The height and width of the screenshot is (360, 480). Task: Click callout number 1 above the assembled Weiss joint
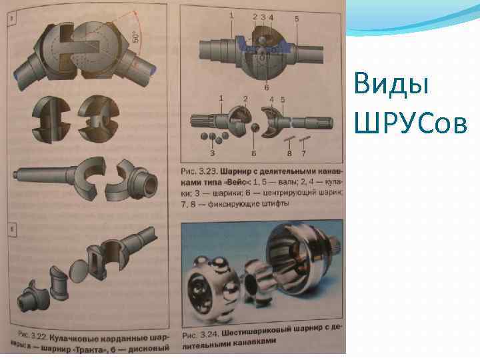pyautogui.click(x=231, y=15)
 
